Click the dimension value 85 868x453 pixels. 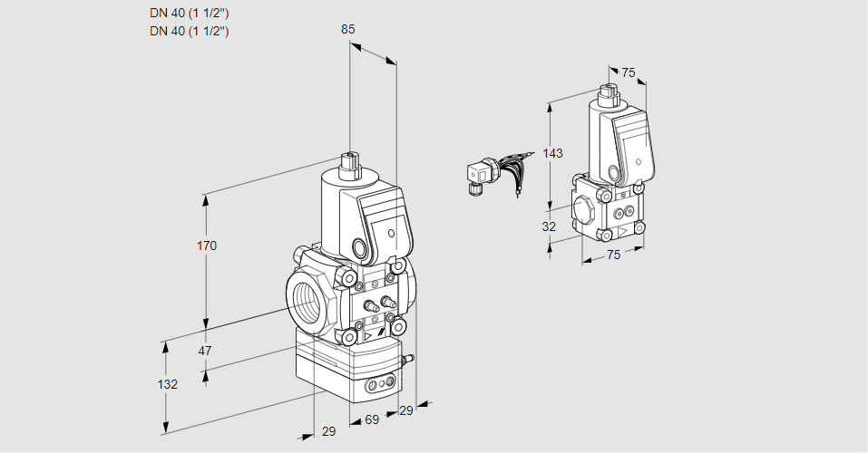tap(347, 29)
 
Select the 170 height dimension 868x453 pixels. tap(208, 246)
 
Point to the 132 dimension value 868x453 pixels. tap(167, 384)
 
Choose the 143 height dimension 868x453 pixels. tap(553, 153)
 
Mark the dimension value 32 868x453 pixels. tap(549, 226)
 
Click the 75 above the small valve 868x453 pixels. tap(629, 72)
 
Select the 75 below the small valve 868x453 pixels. tap(613, 255)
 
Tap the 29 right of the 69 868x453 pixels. tap(406, 411)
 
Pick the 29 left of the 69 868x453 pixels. tap(328, 431)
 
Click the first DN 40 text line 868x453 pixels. tap(189, 14)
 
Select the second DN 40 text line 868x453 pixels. tap(189, 31)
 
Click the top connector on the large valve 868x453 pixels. tap(349, 167)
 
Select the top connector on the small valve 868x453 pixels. tap(609, 92)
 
